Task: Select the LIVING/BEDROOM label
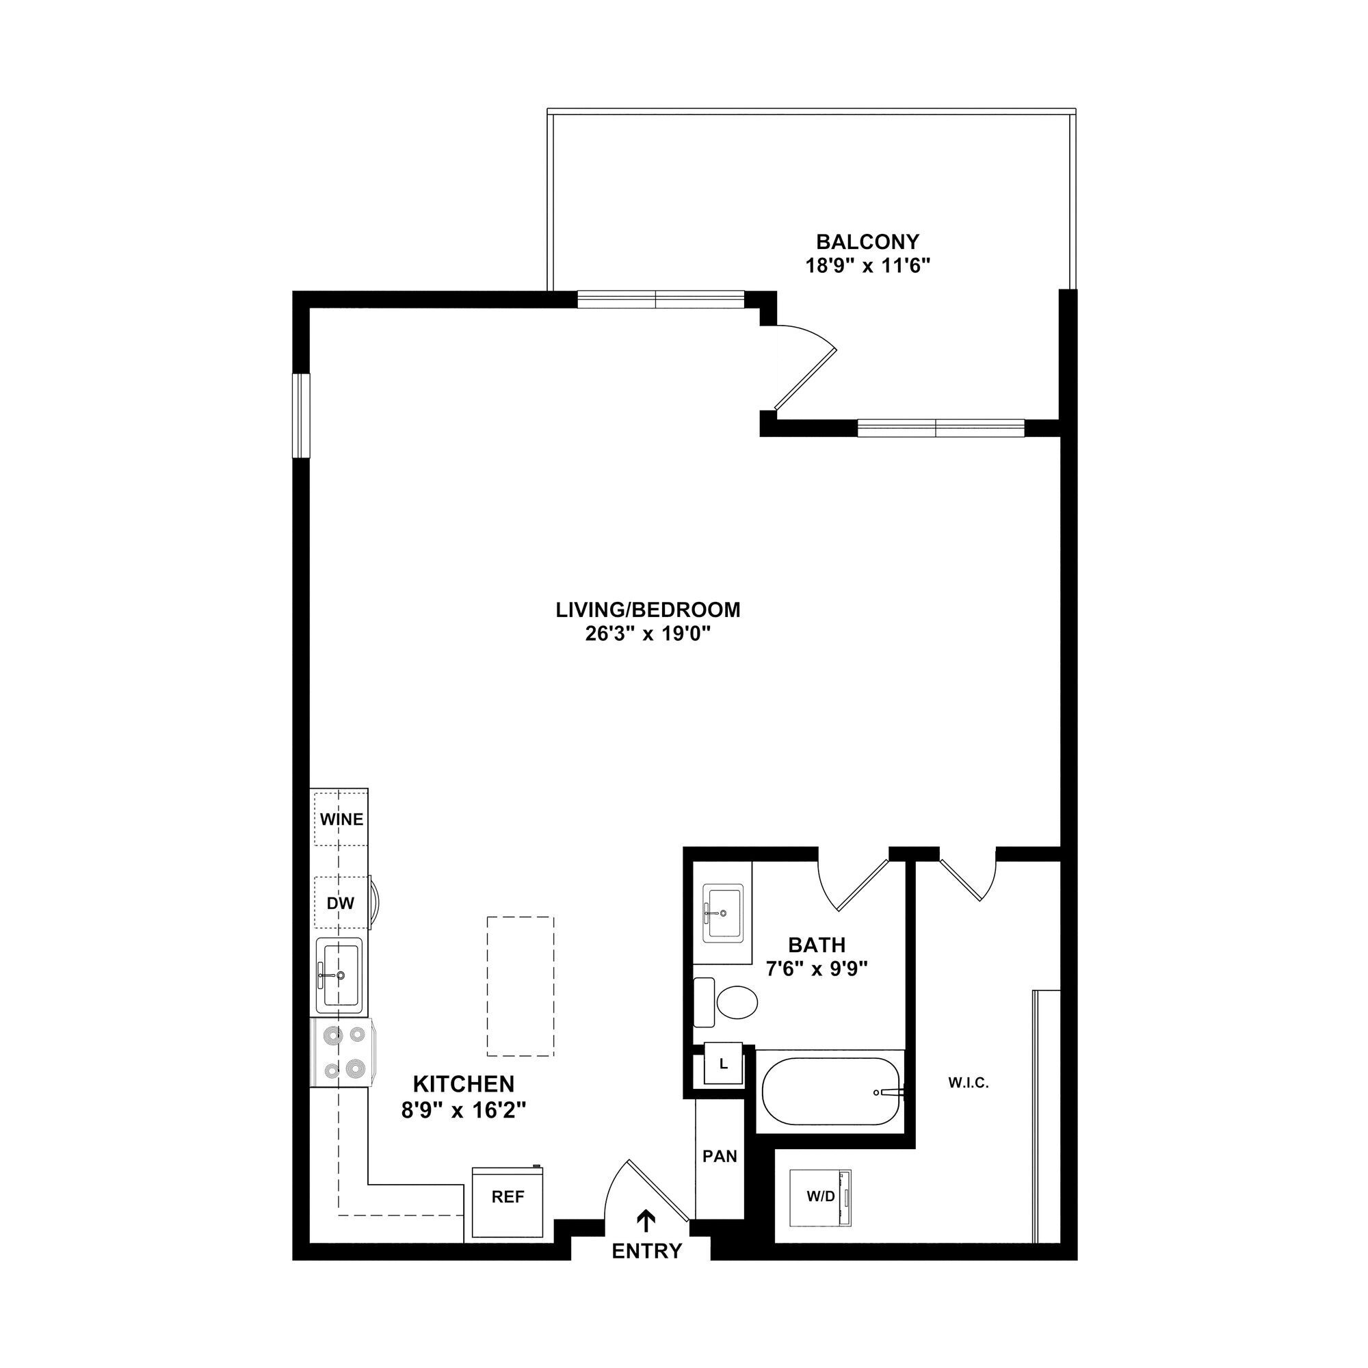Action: (647, 609)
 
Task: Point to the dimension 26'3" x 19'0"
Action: (647, 634)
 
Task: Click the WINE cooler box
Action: (341, 819)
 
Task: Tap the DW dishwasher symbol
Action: (341, 904)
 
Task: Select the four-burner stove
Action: (342, 1052)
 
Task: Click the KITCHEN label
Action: (463, 1084)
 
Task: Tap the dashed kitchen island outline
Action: (520, 986)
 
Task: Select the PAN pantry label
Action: (720, 1156)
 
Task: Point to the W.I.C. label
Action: (968, 1083)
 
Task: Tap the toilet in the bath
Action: (729, 1002)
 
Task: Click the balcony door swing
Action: (806, 368)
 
